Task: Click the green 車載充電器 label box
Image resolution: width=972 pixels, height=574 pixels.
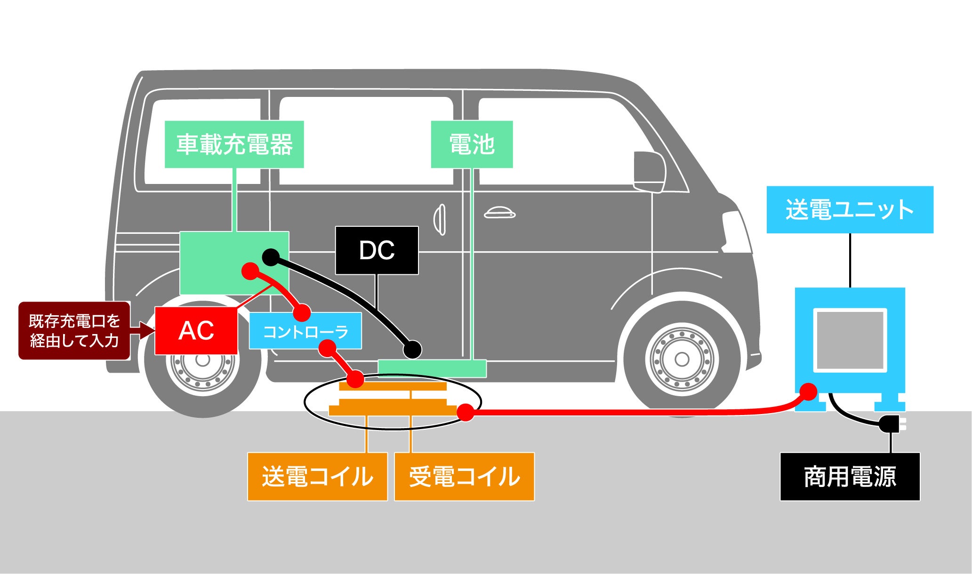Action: pos(234,144)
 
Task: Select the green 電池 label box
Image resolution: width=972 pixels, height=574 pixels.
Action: pos(472,144)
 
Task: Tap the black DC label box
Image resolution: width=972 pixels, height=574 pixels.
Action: pos(377,250)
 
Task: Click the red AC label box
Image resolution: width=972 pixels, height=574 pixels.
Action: pos(196,331)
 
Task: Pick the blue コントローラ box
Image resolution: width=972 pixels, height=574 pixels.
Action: pos(305,331)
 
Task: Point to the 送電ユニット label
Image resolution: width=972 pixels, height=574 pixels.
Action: pos(850,210)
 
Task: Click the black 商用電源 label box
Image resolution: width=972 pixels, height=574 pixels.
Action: pos(850,477)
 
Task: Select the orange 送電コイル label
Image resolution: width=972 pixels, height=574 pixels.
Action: pos(317,477)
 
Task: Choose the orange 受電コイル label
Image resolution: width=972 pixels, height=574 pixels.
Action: pos(464,477)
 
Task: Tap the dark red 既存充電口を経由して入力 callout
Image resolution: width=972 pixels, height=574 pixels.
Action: pos(74,331)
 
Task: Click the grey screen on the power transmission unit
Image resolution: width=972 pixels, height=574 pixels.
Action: pos(850,340)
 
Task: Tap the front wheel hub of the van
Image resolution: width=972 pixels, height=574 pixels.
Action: pos(682,359)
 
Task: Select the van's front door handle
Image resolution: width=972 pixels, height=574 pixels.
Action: pos(500,214)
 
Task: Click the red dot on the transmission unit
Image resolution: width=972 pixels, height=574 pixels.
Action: pos(809,391)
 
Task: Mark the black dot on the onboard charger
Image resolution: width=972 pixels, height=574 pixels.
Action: pos(271,257)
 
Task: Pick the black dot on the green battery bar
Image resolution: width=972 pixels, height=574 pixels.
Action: pos(412,350)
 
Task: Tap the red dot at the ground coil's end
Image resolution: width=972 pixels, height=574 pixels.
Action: pos(466,412)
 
